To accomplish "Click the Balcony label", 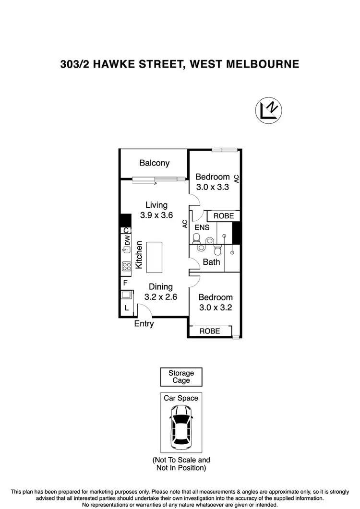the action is pyautogui.click(x=154, y=163).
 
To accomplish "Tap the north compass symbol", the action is pyautogui.click(x=268, y=110).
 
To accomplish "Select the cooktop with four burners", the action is pyautogui.click(x=127, y=266).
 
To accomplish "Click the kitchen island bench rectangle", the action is pyautogui.click(x=154, y=258).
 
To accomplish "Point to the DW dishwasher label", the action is pyautogui.click(x=127, y=240).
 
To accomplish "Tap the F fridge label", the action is pyautogui.click(x=125, y=283).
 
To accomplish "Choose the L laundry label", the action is pyautogui.click(x=126, y=308).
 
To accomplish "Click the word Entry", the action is pyautogui.click(x=144, y=324).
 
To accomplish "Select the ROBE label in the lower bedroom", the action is pyautogui.click(x=209, y=331).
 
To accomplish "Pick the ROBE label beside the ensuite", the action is pyautogui.click(x=224, y=216).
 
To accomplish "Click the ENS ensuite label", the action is pyautogui.click(x=202, y=227).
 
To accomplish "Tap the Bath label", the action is pyautogui.click(x=211, y=262).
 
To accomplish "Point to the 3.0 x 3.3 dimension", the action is pyautogui.click(x=212, y=187).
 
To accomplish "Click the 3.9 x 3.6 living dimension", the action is pyautogui.click(x=156, y=215).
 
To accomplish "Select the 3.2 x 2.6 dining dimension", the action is pyautogui.click(x=161, y=297).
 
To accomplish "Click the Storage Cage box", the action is pyautogui.click(x=181, y=377).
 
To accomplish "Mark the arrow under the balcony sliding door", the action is pyautogui.click(x=151, y=182).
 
